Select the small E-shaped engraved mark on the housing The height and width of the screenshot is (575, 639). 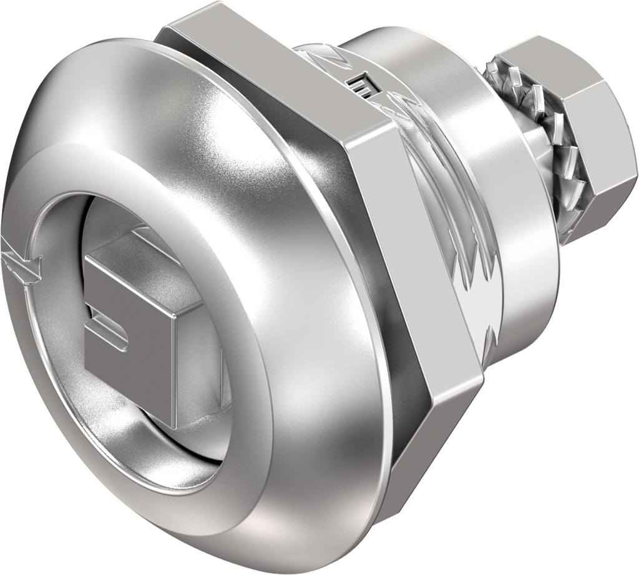point(360,86)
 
